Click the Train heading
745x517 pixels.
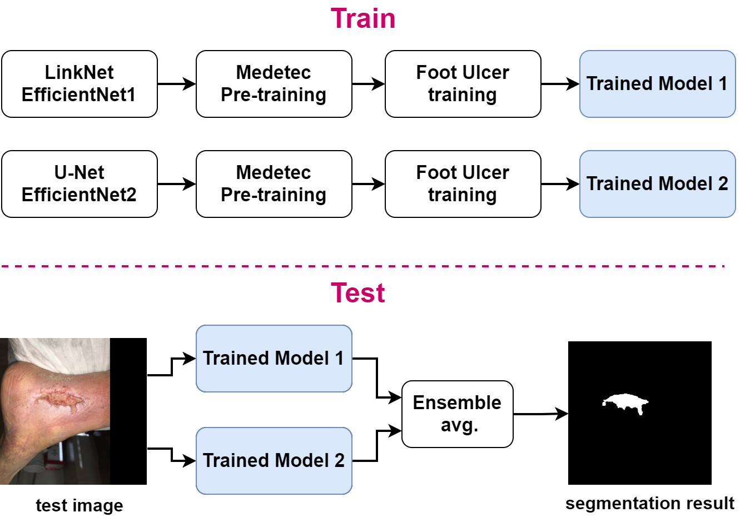tap(363, 18)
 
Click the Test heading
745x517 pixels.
tap(358, 293)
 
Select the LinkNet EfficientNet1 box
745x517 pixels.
tap(80, 84)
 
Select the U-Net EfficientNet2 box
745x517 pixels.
tap(80, 184)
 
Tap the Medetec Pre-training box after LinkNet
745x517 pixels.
tap(274, 84)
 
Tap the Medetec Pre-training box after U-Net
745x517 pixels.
tap(274, 184)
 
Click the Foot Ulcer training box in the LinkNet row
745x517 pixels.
tap(463, 84)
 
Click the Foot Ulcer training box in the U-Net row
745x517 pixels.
tap(463, 184)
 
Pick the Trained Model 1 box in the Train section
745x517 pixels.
tap(657, 84)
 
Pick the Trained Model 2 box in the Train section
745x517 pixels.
tap(657, 184)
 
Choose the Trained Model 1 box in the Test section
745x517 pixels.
tap(274, 359)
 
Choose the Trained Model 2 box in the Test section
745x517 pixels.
tap(274, 461)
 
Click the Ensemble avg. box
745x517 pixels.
tap(457, 414)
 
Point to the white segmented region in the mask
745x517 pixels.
tap(624, 401)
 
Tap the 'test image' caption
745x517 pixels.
tap(80, 505)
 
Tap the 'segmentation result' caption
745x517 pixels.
tap(649, 504)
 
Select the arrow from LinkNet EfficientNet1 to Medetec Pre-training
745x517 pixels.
tap(176, 84)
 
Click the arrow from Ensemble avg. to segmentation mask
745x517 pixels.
tap(540, 414)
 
